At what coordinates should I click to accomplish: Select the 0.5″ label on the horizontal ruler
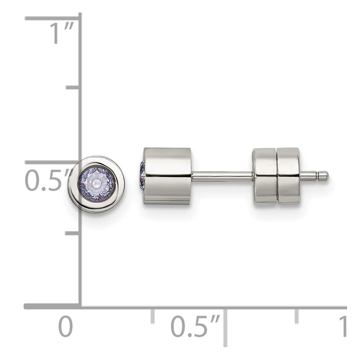pyautogui.click(x=195, y=327)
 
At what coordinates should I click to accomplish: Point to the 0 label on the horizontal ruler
pyautogui.click(x=66, y=327)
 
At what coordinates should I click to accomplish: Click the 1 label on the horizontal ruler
pyautogui.click(x=343, y=326)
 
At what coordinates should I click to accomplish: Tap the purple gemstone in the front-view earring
pyautogui.click(x=96, y=184)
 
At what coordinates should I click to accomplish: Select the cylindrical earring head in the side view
pyautogui.click(x=167, y=176)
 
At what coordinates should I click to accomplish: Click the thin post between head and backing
pyautogui.click(x=222, y=176)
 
